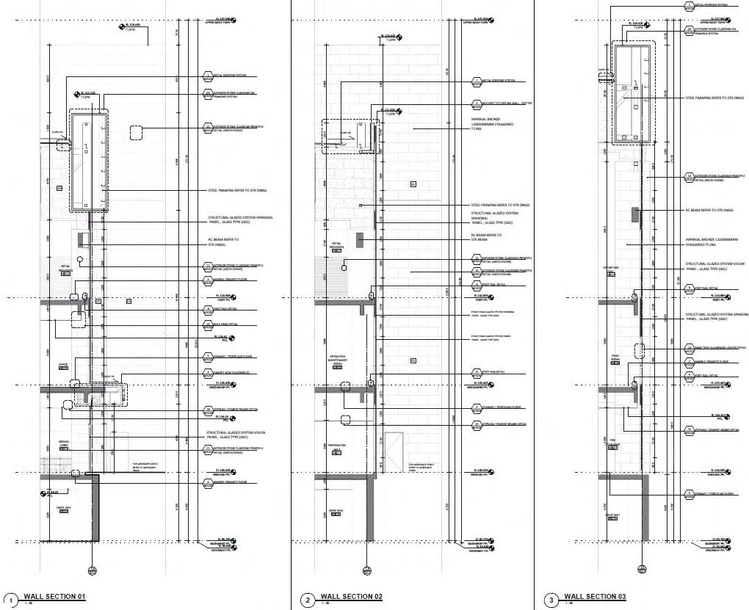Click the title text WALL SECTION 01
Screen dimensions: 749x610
(x=54, y=596)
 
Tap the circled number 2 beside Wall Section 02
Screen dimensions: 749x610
(x=307, y=600)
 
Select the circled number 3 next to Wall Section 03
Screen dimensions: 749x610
(x=551, y=600)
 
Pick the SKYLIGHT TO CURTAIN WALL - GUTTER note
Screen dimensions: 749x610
(x=506, y=104)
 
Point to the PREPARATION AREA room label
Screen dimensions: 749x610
(x=336, y=447)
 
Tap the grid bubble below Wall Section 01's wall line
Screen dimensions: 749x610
(x=92, y=570)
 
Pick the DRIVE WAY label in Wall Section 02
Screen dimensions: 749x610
(x=336, y=512)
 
